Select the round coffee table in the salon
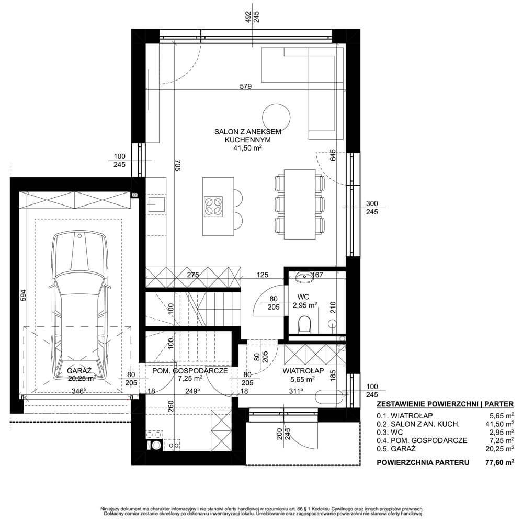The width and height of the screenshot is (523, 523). [276, 117]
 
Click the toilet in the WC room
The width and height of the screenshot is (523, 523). [304, 324]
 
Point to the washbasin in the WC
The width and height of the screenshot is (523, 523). [303, 277]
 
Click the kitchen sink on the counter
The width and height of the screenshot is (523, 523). [156, 204]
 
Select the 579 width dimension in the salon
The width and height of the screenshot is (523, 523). [245, 86]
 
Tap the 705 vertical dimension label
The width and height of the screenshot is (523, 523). [177, 165]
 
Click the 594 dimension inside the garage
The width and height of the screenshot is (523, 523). [23, 295]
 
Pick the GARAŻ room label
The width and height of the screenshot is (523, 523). [79, 371]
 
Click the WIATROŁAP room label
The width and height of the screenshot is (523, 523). [303, 371]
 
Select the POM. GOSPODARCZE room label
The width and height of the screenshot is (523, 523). [190, 371]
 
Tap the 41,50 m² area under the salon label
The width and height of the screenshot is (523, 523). [247, 148]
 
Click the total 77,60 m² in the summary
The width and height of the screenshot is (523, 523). [499, 462]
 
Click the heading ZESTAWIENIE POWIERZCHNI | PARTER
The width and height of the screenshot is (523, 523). [445, 404]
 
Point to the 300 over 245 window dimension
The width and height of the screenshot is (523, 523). [372, 208]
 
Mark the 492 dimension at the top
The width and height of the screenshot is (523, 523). [248, 17]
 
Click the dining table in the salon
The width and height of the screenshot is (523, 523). [300, 204]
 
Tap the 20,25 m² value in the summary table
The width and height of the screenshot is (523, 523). [499, 449]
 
